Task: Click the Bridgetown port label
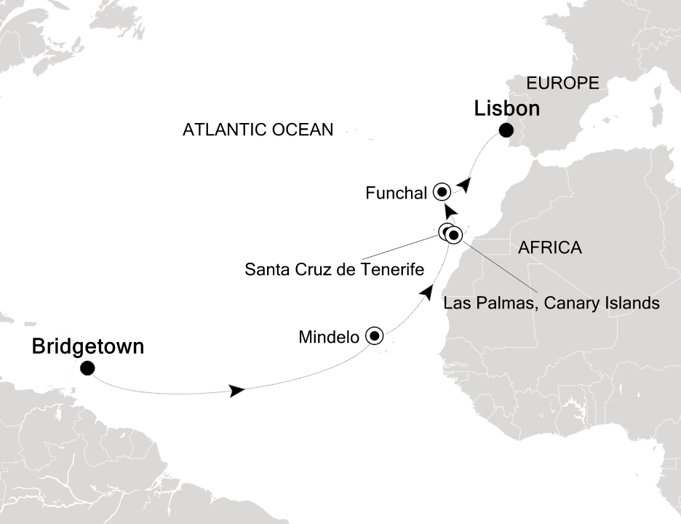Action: click(87, 347)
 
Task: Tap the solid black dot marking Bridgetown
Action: click(87, 368)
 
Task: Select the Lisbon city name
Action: click(507, 109)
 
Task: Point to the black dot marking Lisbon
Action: click(506, 131)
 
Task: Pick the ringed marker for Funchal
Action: click(442, 192)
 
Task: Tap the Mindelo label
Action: click(329, 337)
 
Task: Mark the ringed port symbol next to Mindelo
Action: click(375, 336)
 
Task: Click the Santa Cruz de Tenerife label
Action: click(334, 270)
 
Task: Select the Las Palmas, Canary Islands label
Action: click(551, 303)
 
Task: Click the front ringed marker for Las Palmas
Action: click(454, 234)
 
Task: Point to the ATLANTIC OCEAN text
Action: click(258, 130)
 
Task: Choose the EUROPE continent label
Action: click(562, 83)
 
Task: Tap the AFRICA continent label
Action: click(549, 248)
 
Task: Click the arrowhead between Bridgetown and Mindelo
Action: click(236, 392)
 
